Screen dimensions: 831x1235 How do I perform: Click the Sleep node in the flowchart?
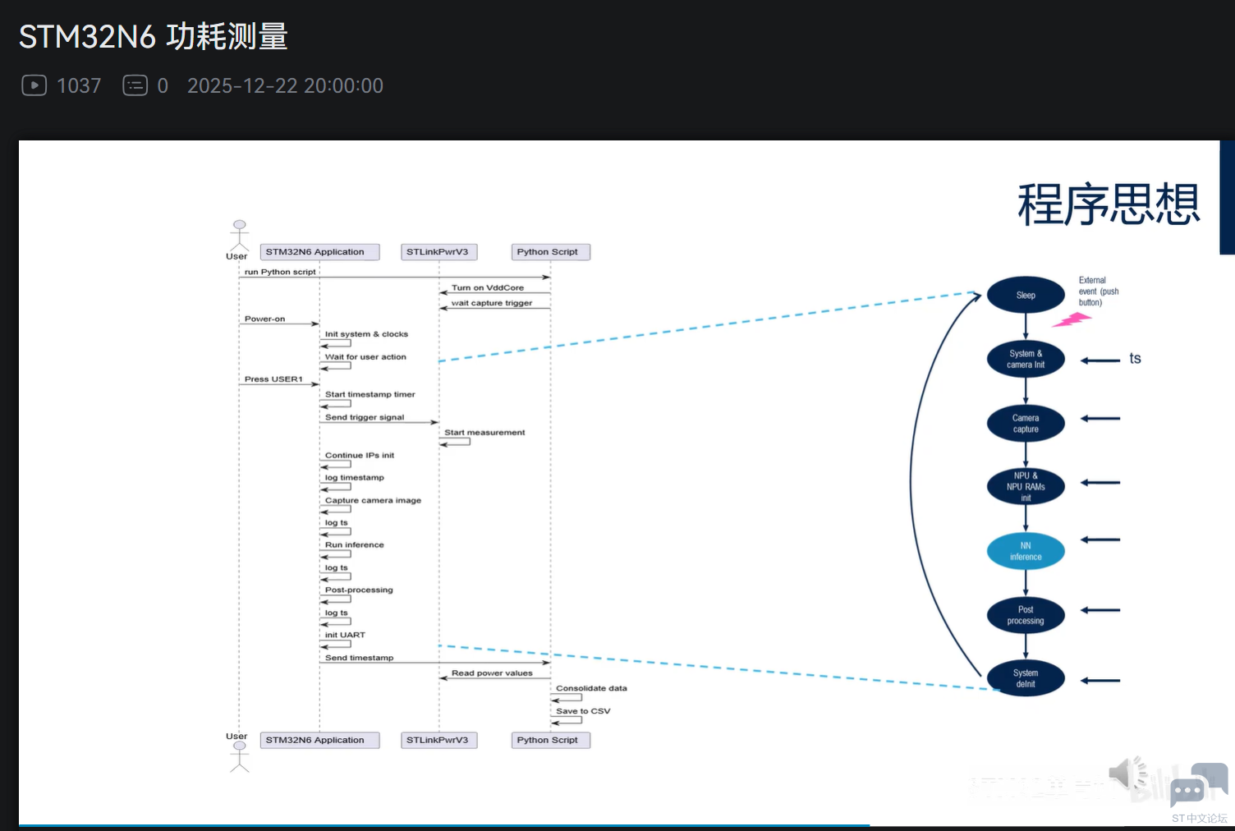1026,295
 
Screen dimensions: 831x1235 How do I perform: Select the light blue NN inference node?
1026,551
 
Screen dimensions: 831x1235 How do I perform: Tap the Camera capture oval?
1026,424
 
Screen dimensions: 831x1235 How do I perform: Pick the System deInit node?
1026,678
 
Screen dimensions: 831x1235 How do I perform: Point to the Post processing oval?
1026,615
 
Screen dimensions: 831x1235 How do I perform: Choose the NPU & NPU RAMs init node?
1026,487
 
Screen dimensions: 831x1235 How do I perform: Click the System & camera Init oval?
1026,359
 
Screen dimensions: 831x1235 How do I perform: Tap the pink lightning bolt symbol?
1072,319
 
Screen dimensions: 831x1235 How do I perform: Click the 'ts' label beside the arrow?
1135,359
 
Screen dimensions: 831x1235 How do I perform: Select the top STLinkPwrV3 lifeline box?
437,252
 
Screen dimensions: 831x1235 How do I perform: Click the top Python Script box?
548,252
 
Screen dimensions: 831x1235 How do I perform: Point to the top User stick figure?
239,235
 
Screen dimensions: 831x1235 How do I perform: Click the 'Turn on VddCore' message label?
488,287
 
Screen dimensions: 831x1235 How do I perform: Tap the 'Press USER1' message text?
273,379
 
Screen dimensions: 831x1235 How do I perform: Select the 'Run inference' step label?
354,544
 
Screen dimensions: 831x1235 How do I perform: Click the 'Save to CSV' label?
583,711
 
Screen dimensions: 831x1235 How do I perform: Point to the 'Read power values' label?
492,673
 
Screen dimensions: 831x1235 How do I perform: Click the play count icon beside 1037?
34,85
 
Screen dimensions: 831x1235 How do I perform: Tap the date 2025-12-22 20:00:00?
285,85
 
